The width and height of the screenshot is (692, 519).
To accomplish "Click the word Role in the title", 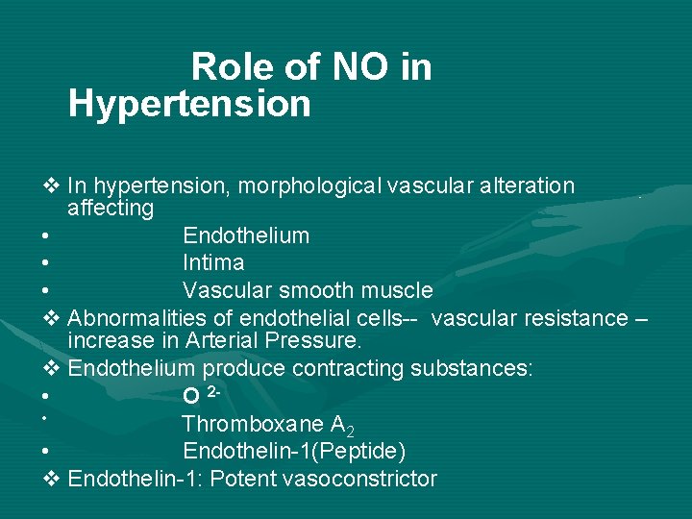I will click(228, 67).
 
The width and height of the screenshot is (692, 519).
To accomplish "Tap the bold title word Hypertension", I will click(189, 104).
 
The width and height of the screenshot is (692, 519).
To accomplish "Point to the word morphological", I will click(308, 185).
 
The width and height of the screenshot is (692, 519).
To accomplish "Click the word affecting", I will click(111, 208).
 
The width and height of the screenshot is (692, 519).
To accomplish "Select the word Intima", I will click(213, 262).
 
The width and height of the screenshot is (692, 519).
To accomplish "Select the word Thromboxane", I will click(245, 424).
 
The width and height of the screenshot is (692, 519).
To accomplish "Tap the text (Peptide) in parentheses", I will click(358, 452).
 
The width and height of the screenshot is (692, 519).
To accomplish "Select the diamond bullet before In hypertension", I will click(53, 185).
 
